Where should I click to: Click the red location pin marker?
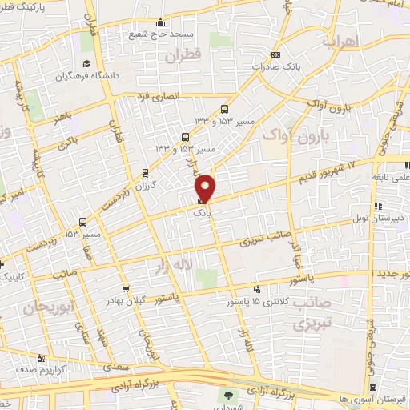206,187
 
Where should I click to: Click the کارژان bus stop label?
145,184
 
